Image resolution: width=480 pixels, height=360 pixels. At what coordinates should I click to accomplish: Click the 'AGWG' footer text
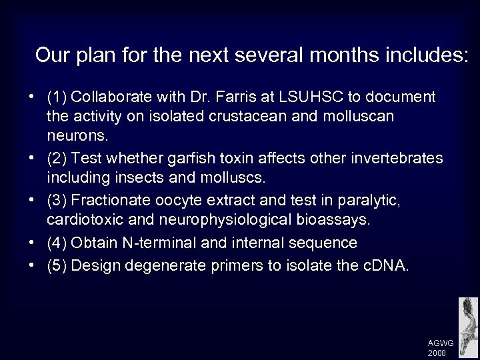click(441, 342)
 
